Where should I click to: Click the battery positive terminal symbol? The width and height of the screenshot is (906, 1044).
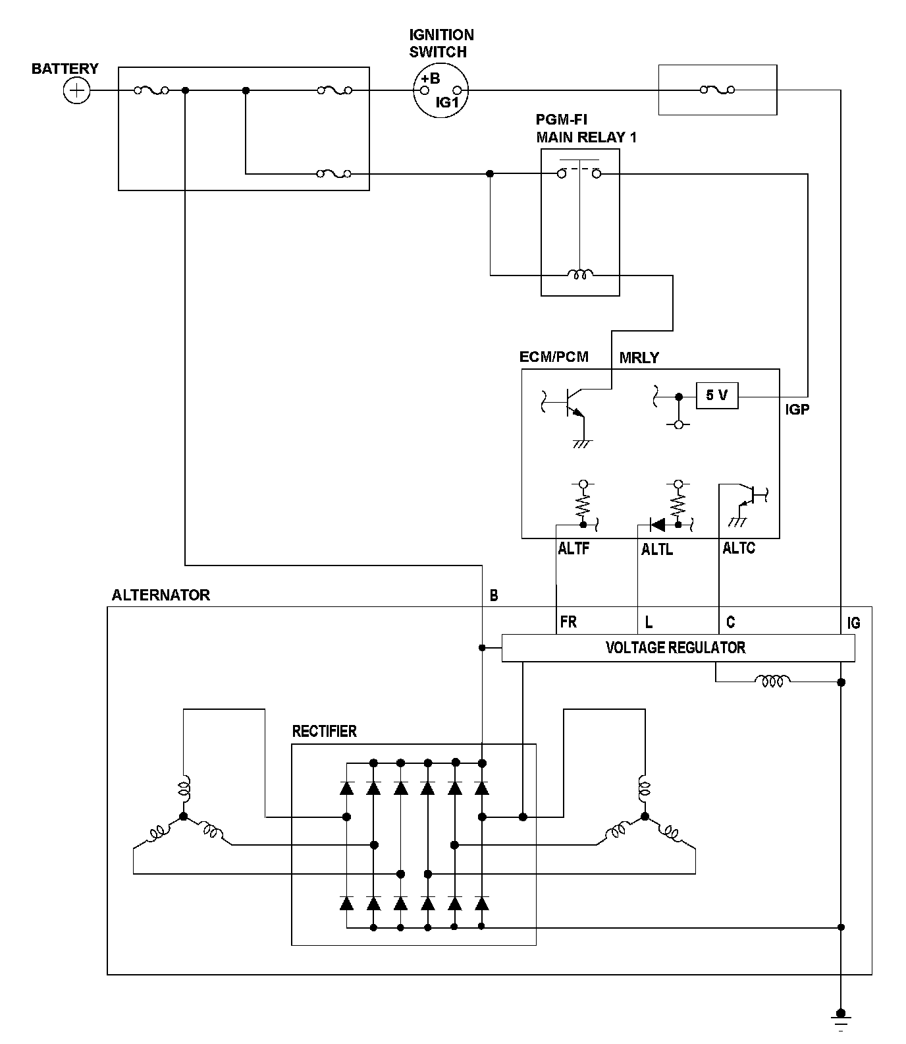point(77,90)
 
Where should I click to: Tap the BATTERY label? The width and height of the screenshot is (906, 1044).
point(65,69)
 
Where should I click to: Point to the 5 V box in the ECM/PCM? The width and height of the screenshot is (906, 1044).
point(716,395)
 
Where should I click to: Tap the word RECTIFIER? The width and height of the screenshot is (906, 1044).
point(324,731)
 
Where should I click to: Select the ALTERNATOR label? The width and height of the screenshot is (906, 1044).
point(161,595)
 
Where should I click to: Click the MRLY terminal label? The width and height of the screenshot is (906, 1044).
point(639,358)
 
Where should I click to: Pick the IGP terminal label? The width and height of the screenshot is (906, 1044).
point(797,409)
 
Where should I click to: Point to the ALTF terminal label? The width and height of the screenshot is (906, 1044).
point(573,548)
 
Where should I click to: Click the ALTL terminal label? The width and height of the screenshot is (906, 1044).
point(656,549)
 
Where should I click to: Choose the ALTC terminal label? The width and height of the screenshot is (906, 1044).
point(739,548)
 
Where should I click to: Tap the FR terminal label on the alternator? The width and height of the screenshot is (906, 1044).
point(568,622)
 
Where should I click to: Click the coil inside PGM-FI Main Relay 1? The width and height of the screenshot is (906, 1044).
point(580,274)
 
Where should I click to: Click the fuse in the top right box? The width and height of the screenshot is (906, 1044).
point(717,90)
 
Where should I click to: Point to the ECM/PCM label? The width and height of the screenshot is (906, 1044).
point(554,357)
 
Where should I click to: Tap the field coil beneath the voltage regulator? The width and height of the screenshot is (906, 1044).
point(772,681)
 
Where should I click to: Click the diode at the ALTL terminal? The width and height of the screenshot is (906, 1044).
point(657,525)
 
